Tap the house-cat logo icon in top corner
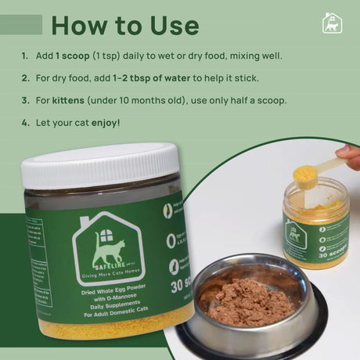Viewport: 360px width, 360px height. (333, 23)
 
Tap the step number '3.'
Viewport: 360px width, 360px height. (25, 101)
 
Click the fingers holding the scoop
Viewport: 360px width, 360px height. (349, 155)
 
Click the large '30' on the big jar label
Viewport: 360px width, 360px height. (177, 287)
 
